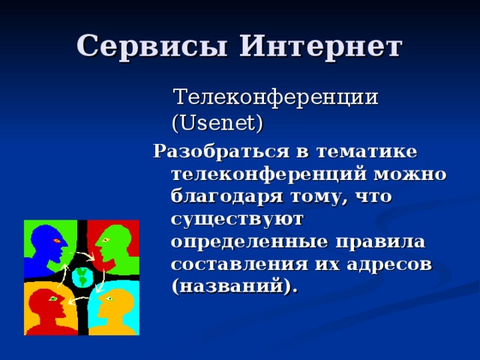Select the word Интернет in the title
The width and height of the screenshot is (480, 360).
coord(320,46)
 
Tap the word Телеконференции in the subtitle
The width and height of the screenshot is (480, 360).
coord(276,97)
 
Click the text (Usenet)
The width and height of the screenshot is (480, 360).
coord(217,121)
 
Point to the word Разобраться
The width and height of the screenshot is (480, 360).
coord(221,151)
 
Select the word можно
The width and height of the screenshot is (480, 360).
coord(411,174)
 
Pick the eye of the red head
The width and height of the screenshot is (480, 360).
coord(53,298)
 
